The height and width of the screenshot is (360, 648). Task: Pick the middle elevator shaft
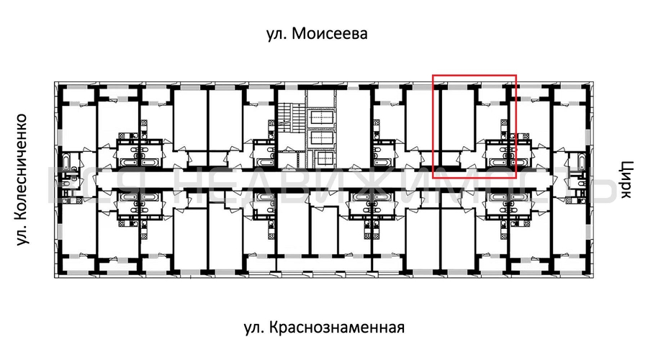click(320, 138)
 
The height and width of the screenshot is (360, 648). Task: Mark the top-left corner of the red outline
click(433, 75)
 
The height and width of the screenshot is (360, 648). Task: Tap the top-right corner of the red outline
click(516, 75)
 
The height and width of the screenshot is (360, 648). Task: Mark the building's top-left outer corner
click(55, 82)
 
